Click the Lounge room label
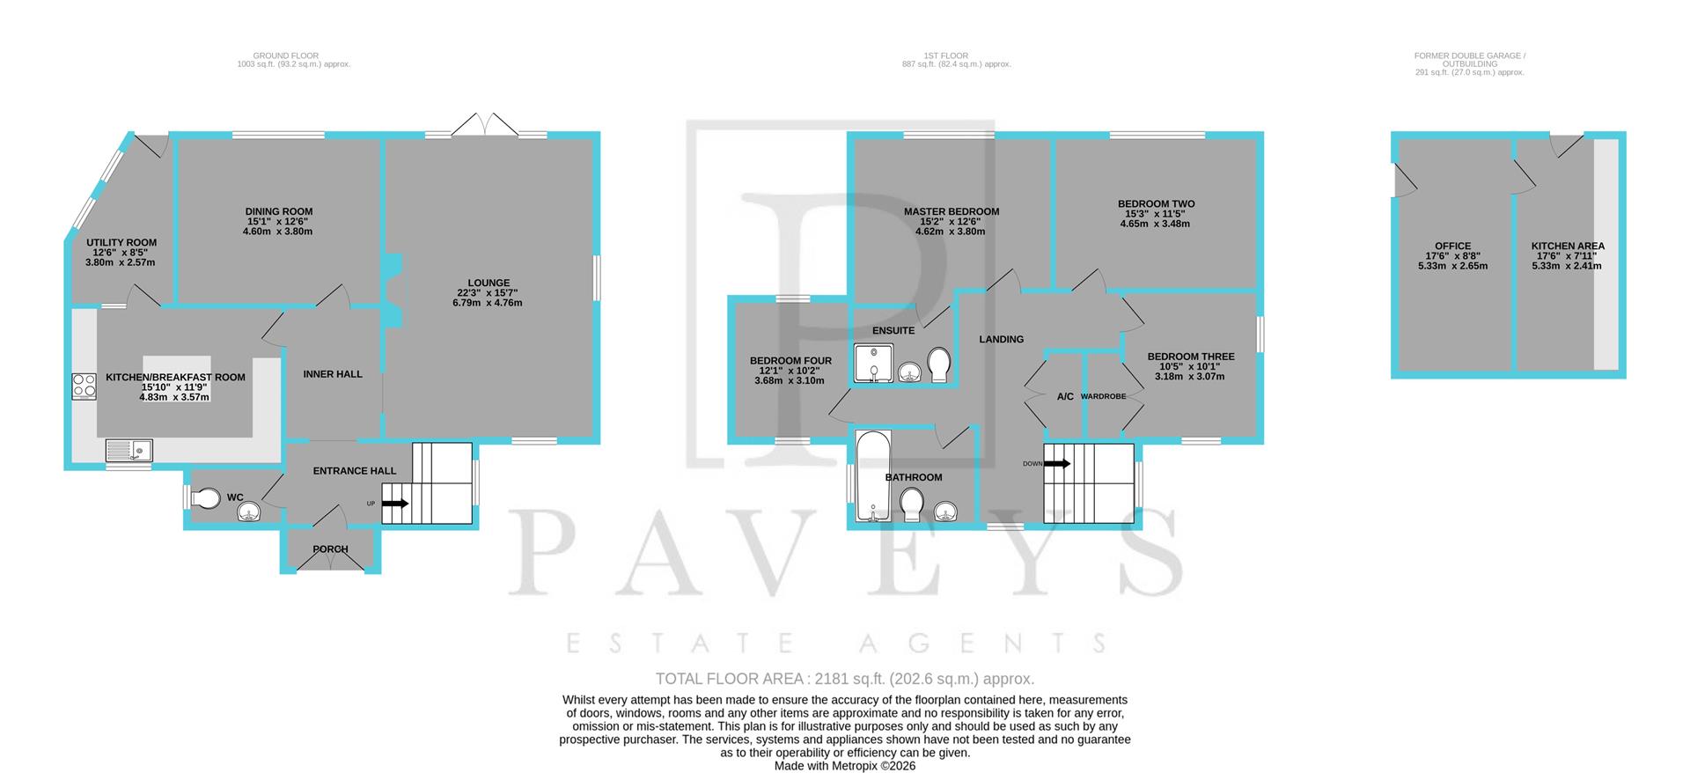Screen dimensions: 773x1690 [489, 283]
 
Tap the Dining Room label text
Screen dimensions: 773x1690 [279, 211]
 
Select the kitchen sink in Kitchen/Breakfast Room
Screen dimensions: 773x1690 [129, 451]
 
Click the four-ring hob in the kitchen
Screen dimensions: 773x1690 [84, 386]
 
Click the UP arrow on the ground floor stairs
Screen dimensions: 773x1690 [395, 504]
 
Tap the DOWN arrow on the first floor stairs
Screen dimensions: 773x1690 [1056, 463]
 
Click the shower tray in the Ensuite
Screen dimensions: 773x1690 [873, 364]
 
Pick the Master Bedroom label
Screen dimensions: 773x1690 [952, 211]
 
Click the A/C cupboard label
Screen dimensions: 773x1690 [1065, 397]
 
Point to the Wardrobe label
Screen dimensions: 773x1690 [1104, 397]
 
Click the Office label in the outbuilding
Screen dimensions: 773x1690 [1452, 247]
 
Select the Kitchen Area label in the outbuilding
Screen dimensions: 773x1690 [1568, 247]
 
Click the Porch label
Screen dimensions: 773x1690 [331, 549]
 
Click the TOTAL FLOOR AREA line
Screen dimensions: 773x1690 [845, 679]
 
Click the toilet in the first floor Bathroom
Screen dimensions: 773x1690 [911, 504]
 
